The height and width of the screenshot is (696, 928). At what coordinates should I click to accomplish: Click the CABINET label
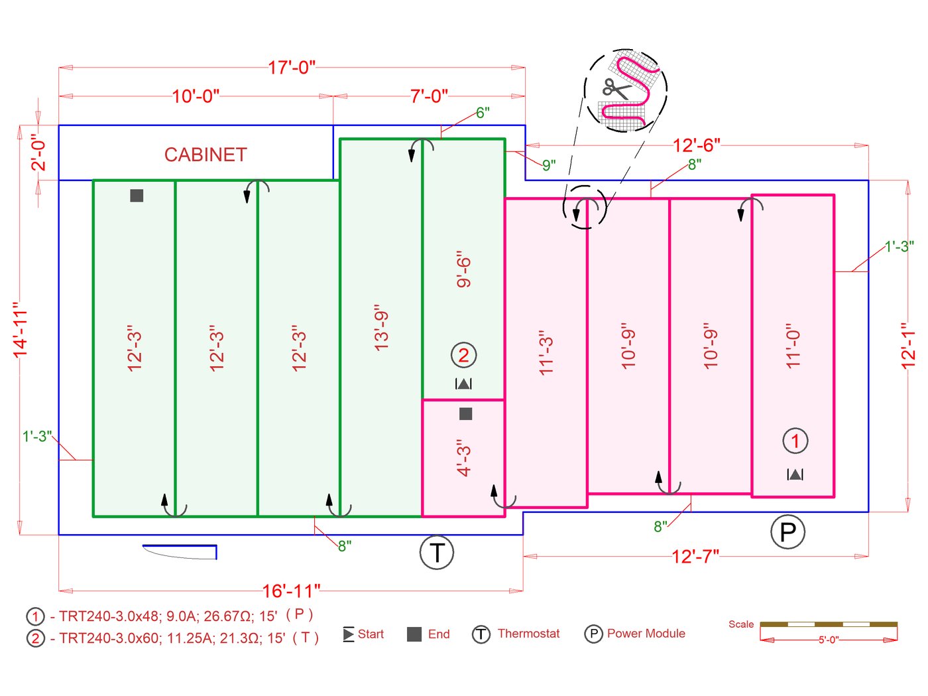point(205,155)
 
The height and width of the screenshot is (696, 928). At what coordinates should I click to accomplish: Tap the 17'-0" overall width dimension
point(292,68)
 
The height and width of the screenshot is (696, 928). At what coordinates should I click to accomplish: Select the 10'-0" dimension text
point(196,96)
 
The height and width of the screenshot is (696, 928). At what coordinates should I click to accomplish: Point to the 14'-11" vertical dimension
point(21,330)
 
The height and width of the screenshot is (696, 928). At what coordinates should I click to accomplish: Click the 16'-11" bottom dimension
point(291,591)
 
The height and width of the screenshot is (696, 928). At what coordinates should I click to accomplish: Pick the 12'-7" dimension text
point(695,556)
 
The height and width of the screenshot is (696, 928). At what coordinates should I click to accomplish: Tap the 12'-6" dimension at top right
point(696,145)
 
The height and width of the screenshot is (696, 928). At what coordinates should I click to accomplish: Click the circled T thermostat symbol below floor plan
point(437,552)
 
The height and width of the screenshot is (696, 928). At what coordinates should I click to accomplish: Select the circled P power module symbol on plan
point(787,531)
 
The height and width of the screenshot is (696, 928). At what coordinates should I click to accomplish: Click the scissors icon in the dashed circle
point(614,89)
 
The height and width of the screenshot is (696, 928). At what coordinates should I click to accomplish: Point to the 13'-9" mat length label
point(382,328)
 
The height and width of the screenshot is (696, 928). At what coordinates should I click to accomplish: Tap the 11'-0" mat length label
point(793,346)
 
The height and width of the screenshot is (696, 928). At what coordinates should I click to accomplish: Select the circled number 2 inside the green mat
point(463,355)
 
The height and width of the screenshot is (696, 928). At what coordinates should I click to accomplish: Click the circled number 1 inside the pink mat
point(795,440)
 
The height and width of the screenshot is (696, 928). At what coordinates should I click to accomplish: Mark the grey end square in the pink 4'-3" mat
point(466,414)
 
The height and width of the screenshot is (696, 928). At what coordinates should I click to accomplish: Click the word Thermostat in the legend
point(528,634)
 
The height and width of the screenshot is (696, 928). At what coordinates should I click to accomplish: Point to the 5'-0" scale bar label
point(829,640)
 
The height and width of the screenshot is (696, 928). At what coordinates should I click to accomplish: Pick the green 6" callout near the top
point(483,113)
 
